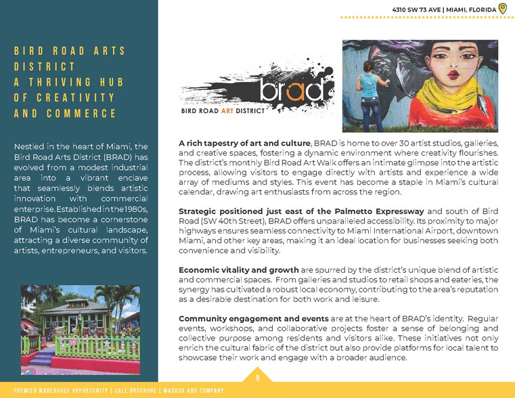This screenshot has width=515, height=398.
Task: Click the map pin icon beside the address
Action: click(503, 8)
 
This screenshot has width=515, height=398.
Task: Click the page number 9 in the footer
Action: click(257, 378)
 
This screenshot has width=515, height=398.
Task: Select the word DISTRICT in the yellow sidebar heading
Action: click(44, 66)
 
